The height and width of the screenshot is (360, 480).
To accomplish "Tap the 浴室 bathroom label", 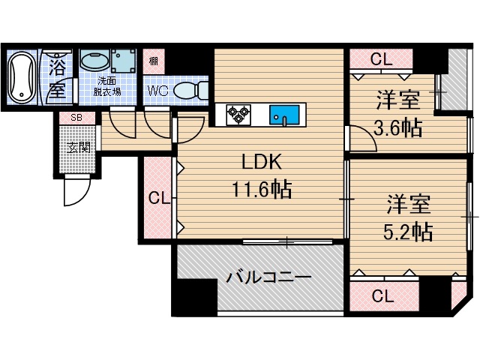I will pyautogui.click(x=57, y=78).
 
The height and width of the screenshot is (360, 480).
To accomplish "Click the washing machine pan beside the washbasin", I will pyautogui.click(x=122, y=61).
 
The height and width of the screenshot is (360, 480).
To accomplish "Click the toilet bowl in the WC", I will pyautogui.click(x=187, y=91).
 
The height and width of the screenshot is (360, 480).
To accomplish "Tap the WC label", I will pyautogui.click(x=157, y=91).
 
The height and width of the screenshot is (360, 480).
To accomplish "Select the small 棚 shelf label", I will pyautogui.click(x=153, y=61).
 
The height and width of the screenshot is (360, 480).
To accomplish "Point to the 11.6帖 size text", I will pyautogui.click(x=261, y=189).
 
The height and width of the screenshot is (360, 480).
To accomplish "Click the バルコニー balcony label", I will pyautogui.click(x=268, y=278).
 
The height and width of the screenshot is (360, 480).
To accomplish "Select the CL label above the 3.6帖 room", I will pyautogui.click(x=381, y=59).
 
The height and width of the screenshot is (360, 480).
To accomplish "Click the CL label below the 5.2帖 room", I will pyautogui.click(x=382, y=295).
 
